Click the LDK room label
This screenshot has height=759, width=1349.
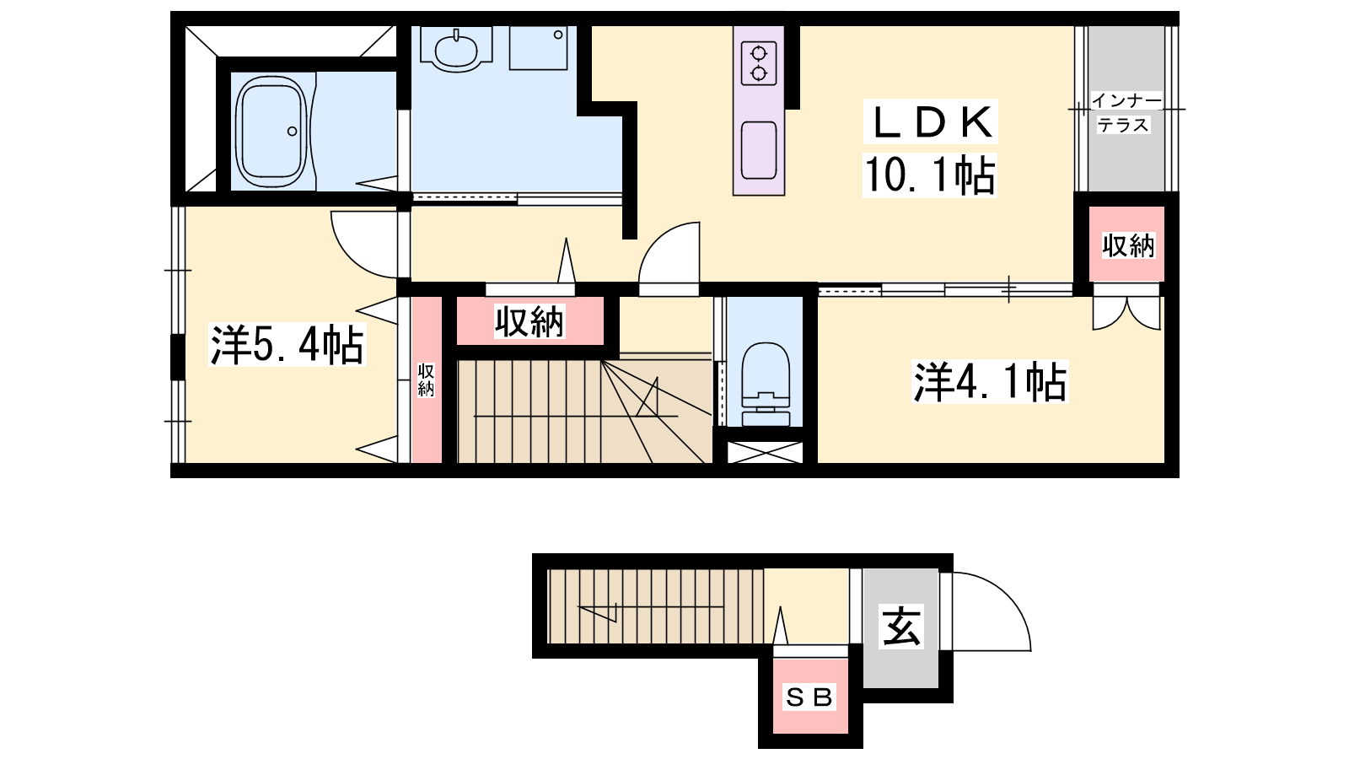point(931,122)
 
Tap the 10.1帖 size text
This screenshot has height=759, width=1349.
point(930,175)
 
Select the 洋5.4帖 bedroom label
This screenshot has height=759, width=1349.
point(288,345)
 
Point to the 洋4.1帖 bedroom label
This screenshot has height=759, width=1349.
point(990,381)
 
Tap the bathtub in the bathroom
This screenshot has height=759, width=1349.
point(271,132)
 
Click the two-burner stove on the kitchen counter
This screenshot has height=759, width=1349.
point(759,63)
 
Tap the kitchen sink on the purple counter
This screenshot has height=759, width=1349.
point(759,150)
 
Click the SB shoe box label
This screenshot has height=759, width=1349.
point(809,697)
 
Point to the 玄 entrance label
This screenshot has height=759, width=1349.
point(901,627)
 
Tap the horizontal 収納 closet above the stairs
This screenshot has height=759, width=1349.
point(529,321)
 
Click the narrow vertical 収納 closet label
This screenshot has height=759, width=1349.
point(426,380)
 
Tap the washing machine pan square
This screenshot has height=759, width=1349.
point(539,48)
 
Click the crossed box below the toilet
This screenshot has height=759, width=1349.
point(765,452)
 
